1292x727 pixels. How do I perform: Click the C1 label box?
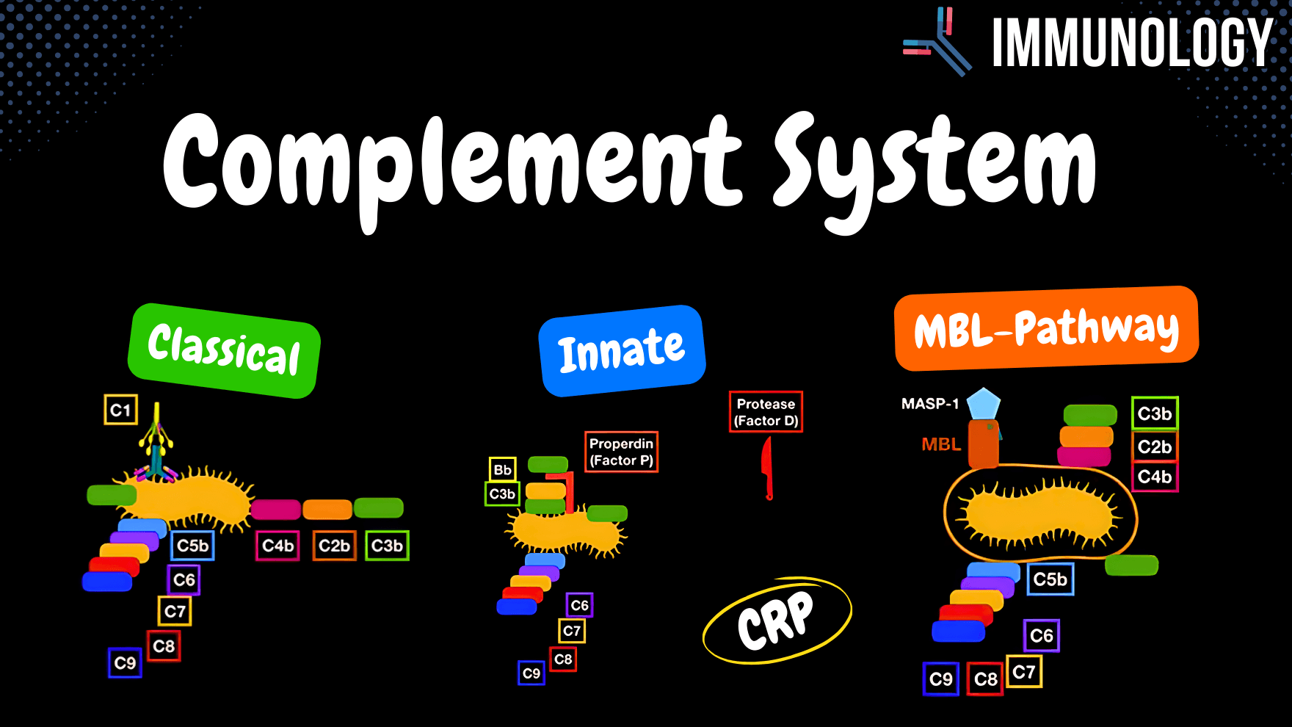[120, 410]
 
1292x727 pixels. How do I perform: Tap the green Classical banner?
[224, 350]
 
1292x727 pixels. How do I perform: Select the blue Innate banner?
[622, 351]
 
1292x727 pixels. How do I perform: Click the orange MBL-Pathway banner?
[1045, 328]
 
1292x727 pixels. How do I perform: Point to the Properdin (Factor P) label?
[621, 452]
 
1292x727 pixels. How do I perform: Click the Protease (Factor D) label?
[766, 412]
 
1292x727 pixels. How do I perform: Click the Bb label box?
[502, 469]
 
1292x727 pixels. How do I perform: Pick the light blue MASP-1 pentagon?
[983, 404]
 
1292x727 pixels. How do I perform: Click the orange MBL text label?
[941, 444]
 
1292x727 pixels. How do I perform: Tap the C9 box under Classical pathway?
[125, 663]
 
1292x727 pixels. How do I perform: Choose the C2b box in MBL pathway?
[1154, 446]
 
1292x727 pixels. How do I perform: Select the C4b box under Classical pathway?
[277, 546]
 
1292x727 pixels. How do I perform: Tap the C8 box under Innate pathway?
[563, 659]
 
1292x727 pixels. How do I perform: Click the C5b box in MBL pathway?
[1050, 579]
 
